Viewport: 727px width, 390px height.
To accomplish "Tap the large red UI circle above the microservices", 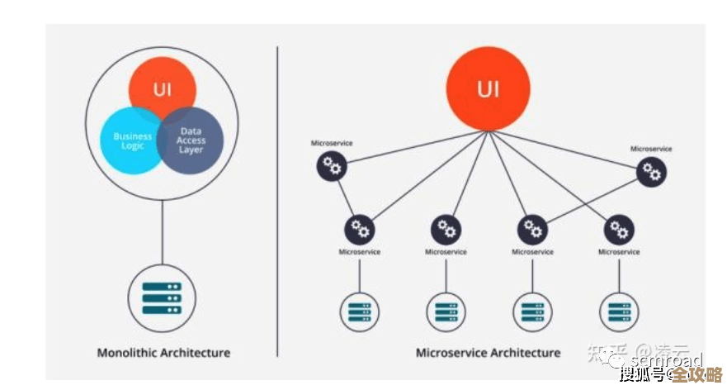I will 488,88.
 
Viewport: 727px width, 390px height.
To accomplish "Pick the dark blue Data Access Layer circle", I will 191,143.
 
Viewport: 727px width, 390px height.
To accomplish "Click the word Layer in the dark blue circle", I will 191,150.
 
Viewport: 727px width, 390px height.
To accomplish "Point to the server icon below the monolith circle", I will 162,298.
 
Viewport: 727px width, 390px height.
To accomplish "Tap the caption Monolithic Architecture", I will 163,353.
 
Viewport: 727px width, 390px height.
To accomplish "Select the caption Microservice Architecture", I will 488,353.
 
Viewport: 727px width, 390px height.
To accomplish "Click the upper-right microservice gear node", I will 652,172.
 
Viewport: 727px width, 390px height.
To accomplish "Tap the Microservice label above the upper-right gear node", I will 651,149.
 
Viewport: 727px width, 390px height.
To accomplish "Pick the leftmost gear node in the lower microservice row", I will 359,228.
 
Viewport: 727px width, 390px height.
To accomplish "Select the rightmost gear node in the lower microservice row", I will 618,228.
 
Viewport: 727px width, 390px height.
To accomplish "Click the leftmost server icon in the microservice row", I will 359,312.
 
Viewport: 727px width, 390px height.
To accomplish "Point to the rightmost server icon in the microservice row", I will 618,312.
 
